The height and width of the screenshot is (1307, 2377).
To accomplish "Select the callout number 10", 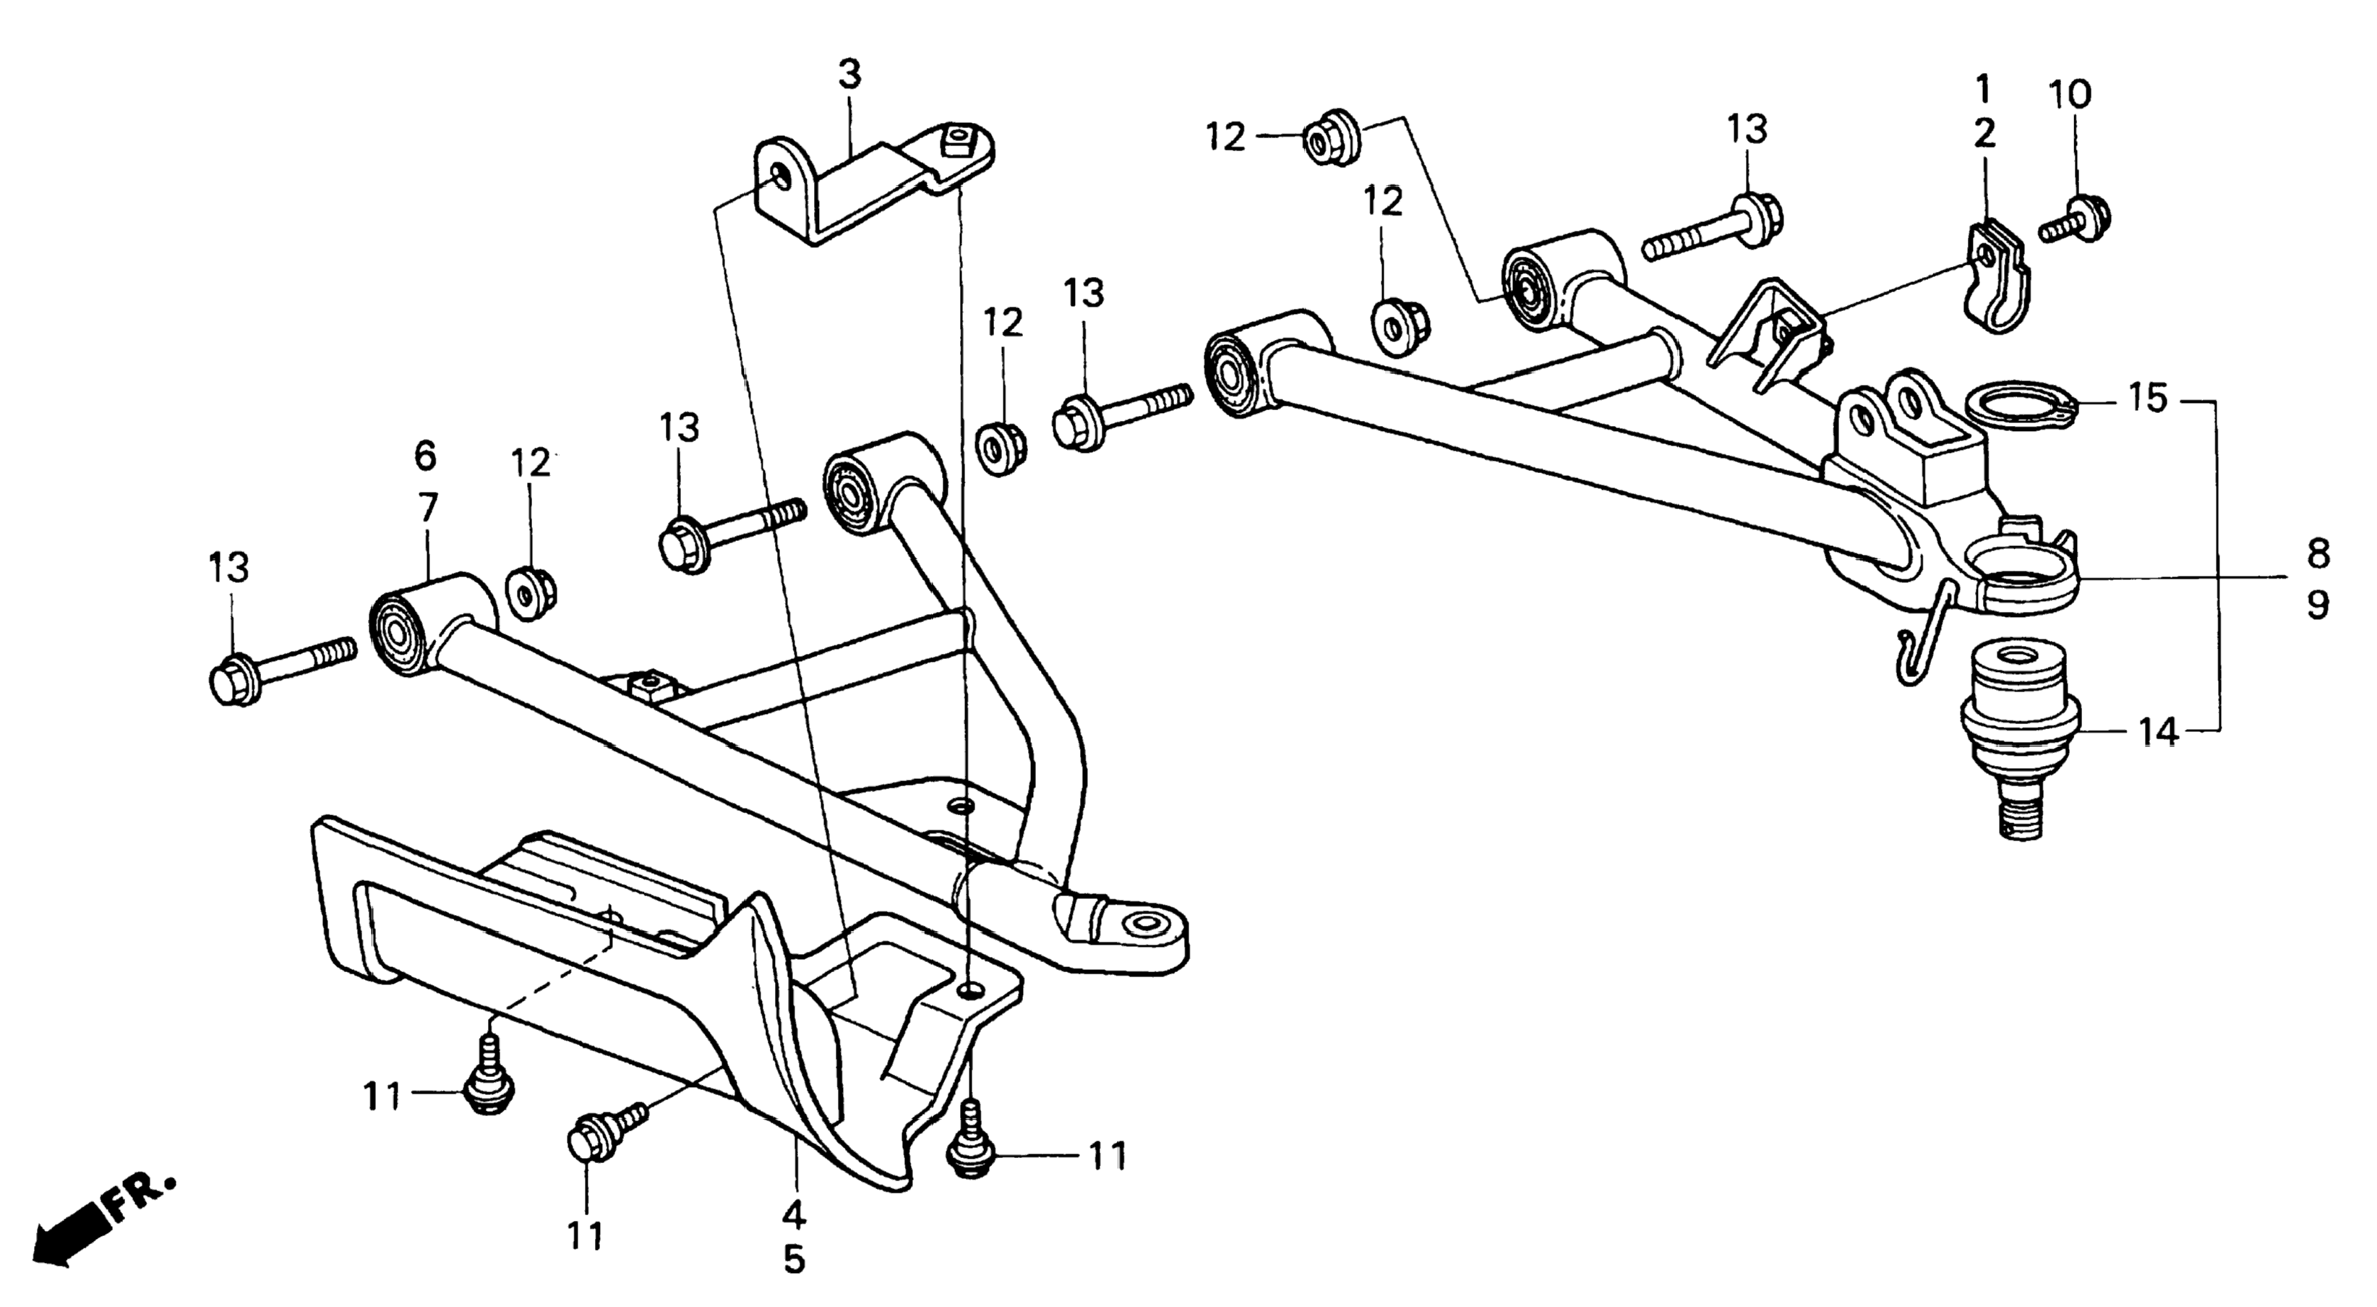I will [x=2070, y=93].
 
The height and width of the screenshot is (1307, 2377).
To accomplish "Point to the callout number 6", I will [x=425, y=455].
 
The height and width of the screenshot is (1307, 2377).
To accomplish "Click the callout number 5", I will [x=795, y=1259].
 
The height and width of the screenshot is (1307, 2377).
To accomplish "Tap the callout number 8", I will [x=2318, y=554].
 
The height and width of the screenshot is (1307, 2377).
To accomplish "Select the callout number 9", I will [x=2318, y=605].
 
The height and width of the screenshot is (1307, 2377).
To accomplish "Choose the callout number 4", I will [x=795, y=1214].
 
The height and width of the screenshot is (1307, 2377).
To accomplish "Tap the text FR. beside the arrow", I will [x=140, y=1198].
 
